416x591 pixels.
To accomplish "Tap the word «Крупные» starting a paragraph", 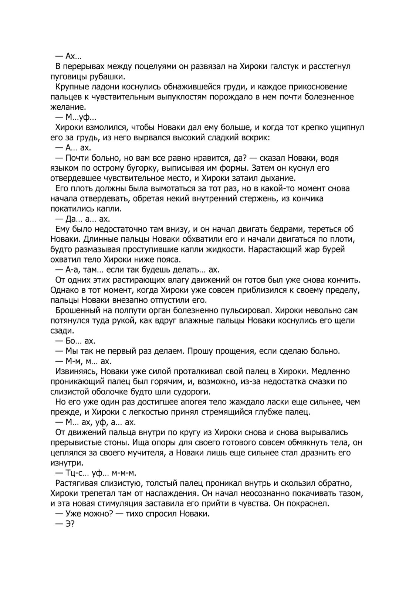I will pos(72,87).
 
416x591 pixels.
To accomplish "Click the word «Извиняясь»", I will pos(75,371).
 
